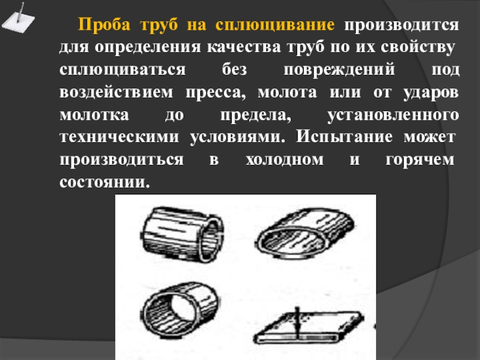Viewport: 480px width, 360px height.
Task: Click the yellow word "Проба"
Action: click(x=104, y=25)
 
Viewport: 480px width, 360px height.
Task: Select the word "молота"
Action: click(x=287, y=92)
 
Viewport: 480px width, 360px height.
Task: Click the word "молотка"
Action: click(x=94, y=115)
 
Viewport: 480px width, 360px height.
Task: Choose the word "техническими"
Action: click(x=119, y=137)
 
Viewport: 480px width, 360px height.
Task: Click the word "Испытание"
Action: click(x=344, y=137)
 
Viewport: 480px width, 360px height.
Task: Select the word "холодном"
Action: click(x=284, y=160)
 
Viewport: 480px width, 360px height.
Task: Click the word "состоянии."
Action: click(x=105, y=182)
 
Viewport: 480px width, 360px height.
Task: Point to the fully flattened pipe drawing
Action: click(x=308, y=328)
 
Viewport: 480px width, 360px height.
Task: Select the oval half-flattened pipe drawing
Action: click(x=305, y=233)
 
